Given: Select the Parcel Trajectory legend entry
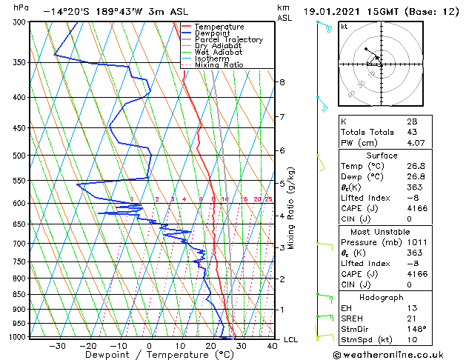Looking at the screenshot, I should (x=228, y=40).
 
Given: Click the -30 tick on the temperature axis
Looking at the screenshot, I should (x=57, y=345).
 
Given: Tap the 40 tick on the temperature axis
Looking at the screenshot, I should (x=272, y=345).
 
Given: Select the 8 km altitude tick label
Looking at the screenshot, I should (x=282, y=81).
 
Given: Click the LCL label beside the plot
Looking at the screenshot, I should (x=291, y=339).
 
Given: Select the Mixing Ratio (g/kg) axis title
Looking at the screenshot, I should (x=291, y=208).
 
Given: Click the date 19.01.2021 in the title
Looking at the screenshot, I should (x=334, y=11).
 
